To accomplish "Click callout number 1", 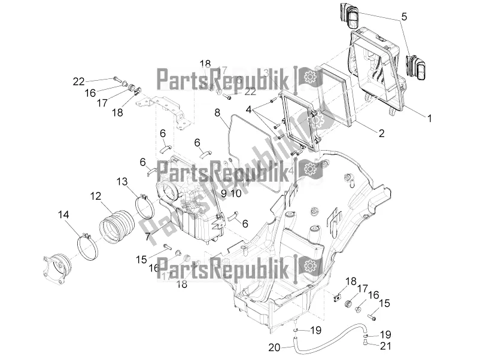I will click(429, 118).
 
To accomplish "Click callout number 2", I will click(380, 134).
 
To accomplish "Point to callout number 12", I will click(95, 196).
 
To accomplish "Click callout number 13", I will click(121, 181).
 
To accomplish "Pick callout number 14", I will click(63, 213).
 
